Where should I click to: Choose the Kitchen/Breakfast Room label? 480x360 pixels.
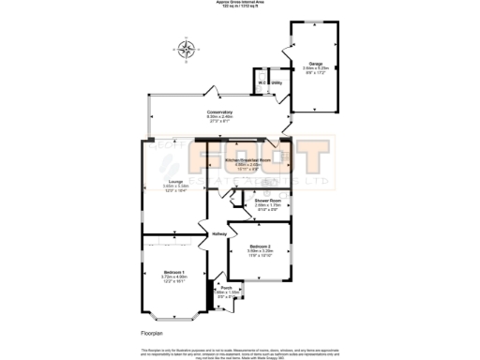pos(247,160)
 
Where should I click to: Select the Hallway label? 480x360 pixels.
pos(219,233)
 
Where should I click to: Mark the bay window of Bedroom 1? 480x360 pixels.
pos(167,313)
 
